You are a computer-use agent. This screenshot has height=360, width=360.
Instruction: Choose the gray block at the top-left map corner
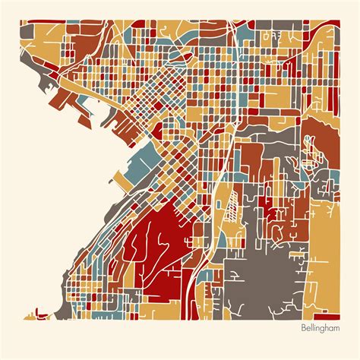tap(26, 31)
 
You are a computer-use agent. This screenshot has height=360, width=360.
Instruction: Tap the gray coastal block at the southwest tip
tap(46, 312)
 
